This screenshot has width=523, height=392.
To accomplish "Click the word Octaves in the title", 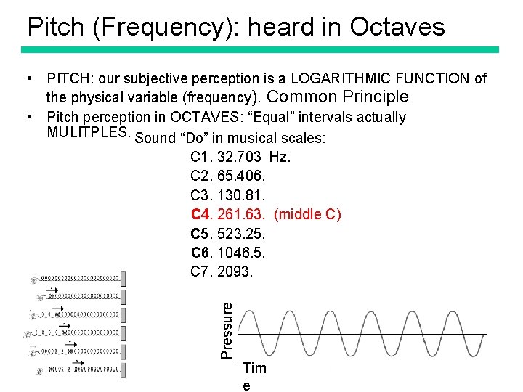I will point(397,27).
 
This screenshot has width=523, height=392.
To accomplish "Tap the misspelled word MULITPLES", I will point(88,133).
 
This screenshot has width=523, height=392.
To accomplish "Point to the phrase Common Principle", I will point(338,97).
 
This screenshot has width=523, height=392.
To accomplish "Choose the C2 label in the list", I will point(200,176).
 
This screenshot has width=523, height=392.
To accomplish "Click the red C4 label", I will point(200,214).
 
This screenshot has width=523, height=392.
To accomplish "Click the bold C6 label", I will point(200,253).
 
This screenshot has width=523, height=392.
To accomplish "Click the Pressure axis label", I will point(227,330).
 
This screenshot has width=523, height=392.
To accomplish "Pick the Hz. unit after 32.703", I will point(279,158).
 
